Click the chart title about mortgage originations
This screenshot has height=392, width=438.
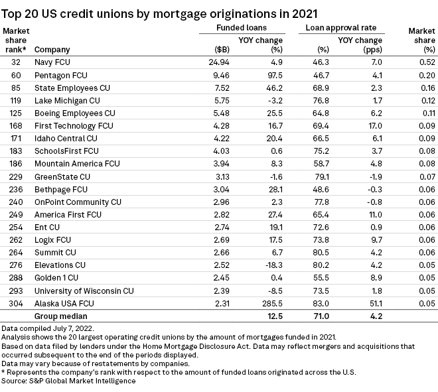(x=160, y=13)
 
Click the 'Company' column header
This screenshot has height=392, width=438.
(x=52, y=50)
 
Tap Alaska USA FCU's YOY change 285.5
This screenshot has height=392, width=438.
(x=271, y=304)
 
